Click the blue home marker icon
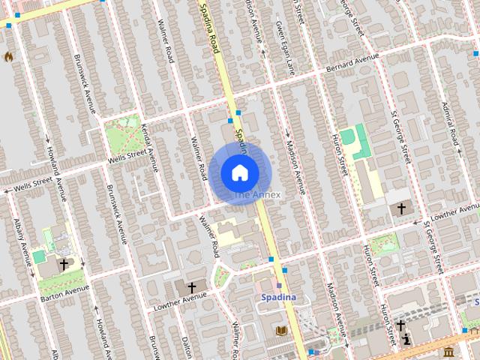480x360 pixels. [x=239, y=172]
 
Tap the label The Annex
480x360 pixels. [x=256, y=195]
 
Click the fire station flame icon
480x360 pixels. [x=9, y=56]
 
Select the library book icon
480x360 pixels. [x=282, y=331]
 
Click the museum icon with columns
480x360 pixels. [x=448, y=351]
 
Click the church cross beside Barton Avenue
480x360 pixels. [x=64, y=264]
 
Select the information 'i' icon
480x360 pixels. [x=406, y=340]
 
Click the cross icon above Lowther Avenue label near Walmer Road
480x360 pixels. [x=191, y=287]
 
